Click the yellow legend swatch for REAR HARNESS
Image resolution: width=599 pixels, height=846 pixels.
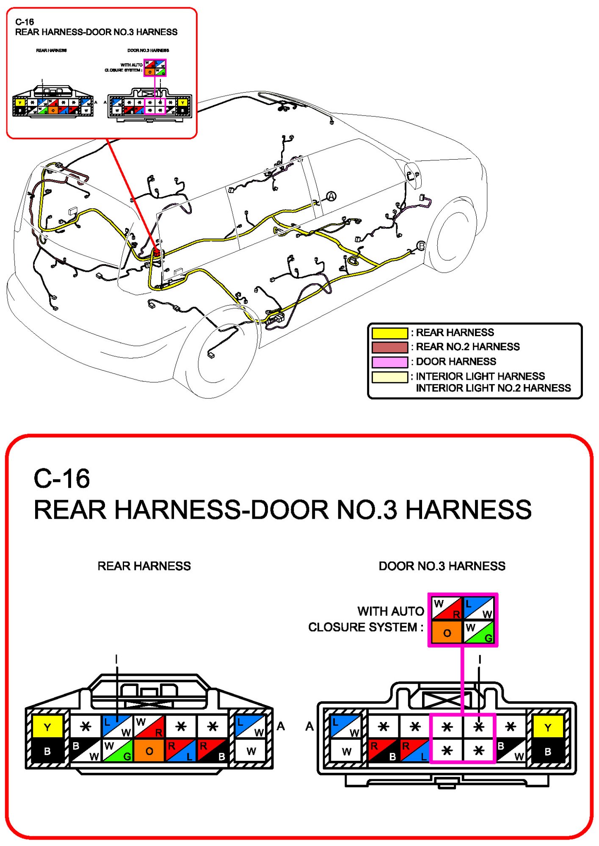(389, 333)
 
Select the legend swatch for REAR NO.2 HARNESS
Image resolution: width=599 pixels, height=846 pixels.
(389, 347)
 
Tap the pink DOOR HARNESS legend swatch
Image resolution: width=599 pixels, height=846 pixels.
(389, 362)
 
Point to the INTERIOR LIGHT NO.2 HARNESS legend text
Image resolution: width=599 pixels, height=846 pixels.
(493, 388)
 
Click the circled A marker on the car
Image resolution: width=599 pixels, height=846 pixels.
(331, 196)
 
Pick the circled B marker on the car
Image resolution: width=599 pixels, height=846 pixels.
(421, 246)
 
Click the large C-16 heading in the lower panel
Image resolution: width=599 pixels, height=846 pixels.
(62, 478)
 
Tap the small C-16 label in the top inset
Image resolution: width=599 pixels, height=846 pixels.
(25, 22)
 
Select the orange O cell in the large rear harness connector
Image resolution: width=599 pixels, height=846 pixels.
(149, 751)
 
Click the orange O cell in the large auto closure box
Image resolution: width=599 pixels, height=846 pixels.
(447, 633)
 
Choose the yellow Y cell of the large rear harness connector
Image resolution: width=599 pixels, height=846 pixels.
(47, 727)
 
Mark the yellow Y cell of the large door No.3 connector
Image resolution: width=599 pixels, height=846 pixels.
(548, 727)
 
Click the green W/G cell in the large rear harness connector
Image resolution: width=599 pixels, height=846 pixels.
(118, 751)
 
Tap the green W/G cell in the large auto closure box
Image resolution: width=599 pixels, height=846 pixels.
(479, 633)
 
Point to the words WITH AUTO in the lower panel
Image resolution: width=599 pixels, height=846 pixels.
(390, 611)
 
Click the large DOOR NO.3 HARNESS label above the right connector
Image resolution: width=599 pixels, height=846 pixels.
(442, 566)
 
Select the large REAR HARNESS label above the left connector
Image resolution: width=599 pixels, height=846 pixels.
(144, 566)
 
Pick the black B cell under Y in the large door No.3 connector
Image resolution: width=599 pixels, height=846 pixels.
(548, 751)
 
